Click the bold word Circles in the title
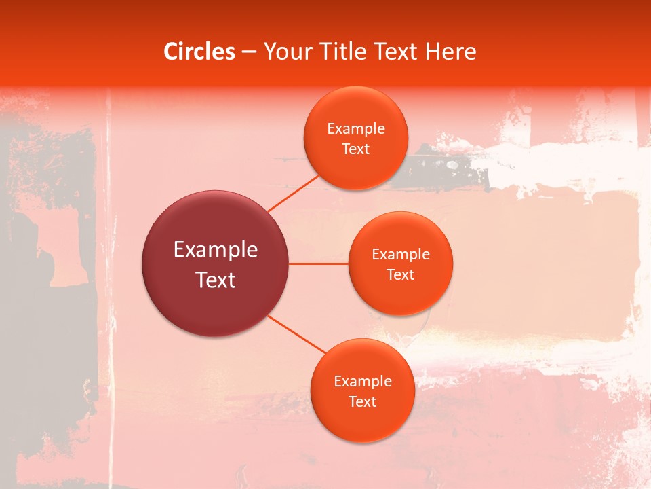199,52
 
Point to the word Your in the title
288,52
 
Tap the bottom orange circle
362,424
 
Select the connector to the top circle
293,193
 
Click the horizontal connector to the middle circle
318,264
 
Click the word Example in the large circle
216,250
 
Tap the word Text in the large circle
216,280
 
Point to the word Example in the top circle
356,129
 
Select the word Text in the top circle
355,149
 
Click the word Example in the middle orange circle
401,255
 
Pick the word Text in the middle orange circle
400,274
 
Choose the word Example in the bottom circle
363,382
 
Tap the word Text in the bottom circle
362,401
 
